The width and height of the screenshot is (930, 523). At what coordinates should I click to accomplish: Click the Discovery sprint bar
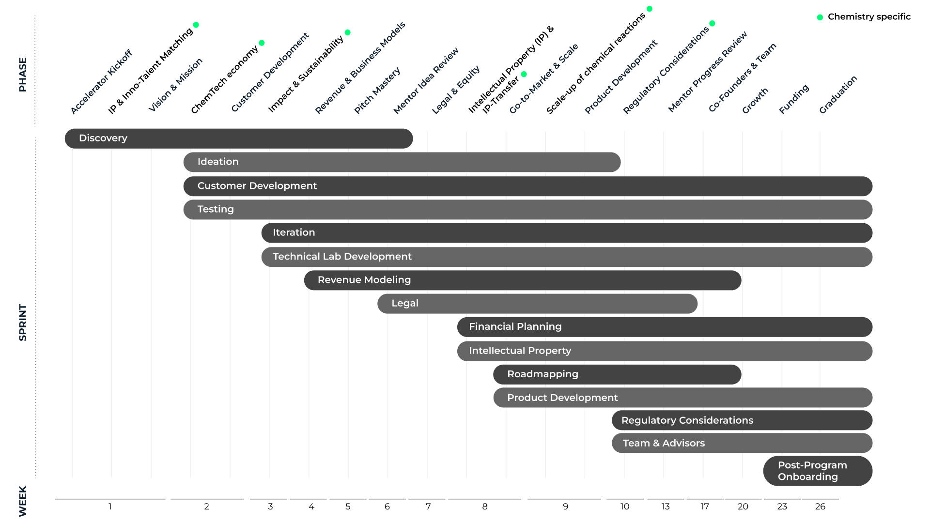point(239,138)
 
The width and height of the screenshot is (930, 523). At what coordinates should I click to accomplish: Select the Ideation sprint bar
point(402,162)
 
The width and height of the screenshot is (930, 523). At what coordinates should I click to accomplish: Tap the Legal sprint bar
point(538,304)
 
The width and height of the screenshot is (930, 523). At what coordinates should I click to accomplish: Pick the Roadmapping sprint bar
point(618,374)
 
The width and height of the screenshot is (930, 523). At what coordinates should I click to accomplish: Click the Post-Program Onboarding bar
point(818,471)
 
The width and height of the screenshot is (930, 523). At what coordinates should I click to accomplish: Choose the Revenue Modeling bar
point(523,280)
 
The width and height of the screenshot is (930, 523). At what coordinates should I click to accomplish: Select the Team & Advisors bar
point(742,443)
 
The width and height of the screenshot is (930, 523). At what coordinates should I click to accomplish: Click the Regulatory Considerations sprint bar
point(742,420)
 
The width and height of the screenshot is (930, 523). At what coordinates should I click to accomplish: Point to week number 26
point(820,507)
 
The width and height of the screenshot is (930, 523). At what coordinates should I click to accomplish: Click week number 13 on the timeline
point(666,507)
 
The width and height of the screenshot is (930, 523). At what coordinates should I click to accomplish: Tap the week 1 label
point(110,507)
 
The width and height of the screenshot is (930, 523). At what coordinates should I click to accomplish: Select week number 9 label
point(565,507)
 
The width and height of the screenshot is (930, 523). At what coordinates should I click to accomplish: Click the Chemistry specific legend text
point(869,17)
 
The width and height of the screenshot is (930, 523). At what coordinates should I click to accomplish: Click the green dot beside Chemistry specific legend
point(820,17)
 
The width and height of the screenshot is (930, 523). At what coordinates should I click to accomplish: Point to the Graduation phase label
point(838,94)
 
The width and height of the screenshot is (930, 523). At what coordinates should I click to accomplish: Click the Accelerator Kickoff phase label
point(101,82)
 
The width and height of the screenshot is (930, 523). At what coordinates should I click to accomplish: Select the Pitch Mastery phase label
point(377,91)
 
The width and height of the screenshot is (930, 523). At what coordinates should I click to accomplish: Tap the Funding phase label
point(794,99)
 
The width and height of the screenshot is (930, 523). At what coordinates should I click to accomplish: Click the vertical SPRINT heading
point(23,323)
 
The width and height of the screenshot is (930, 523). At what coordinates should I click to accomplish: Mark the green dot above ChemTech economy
point(262,43)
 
